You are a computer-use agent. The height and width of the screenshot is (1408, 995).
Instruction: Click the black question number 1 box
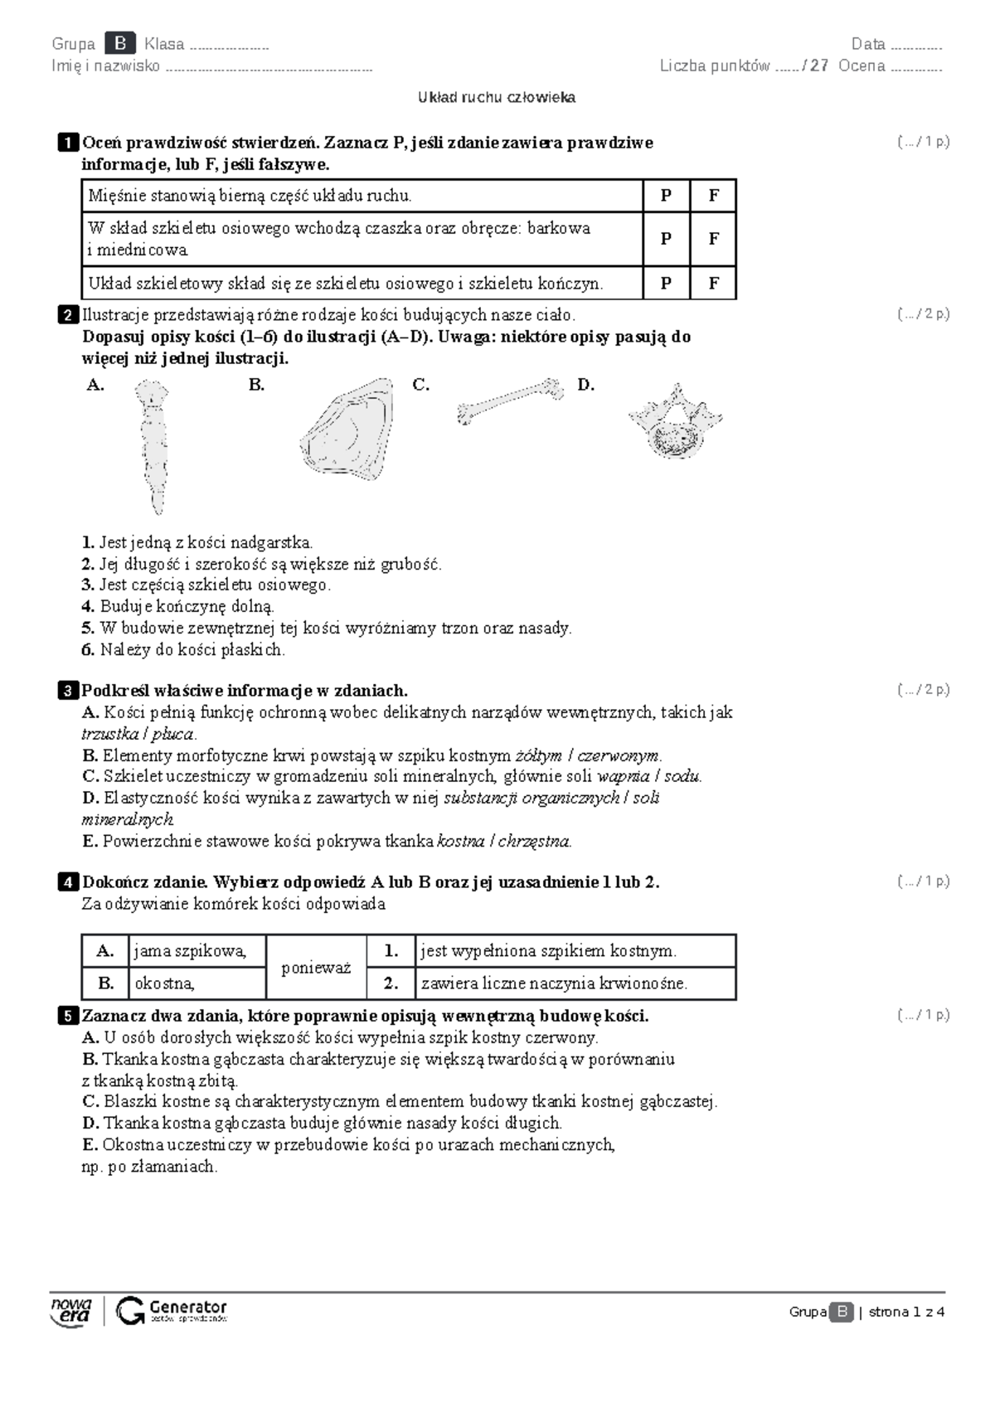(x=68, y=143)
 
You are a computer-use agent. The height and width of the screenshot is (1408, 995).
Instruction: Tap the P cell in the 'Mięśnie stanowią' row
(x=666, y=196)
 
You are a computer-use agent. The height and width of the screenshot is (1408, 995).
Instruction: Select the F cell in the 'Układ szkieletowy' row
(x=713, y=284)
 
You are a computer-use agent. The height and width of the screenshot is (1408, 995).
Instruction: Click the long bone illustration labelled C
(x=510, y=400)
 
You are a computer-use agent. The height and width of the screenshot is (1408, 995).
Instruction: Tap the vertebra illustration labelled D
(x=675, y=422)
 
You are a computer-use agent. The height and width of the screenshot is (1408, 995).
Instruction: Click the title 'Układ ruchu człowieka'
(x=497, y=98)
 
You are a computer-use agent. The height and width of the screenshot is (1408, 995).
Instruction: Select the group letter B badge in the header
(x=120, y=44)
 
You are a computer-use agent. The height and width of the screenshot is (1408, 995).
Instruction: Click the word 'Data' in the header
(x=868, y=45)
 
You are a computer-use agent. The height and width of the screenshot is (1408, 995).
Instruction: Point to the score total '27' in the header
(x=819, y=66)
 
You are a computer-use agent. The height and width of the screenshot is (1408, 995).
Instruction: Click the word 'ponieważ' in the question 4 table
(x=316, y=968)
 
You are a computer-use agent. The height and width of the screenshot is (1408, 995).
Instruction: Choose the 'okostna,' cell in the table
(x=197, y=984)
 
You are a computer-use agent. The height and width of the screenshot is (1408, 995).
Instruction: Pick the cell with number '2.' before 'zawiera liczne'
(x=391, y=984)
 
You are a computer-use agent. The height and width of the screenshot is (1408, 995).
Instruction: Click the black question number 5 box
(x=68, y=1016)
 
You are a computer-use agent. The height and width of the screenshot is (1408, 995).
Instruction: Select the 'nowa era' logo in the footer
(x=71, y=1311)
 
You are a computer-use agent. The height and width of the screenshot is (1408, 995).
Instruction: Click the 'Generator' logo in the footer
(x=172, y=1311)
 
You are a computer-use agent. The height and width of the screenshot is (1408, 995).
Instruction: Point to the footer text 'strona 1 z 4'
(x=906, y=1312)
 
